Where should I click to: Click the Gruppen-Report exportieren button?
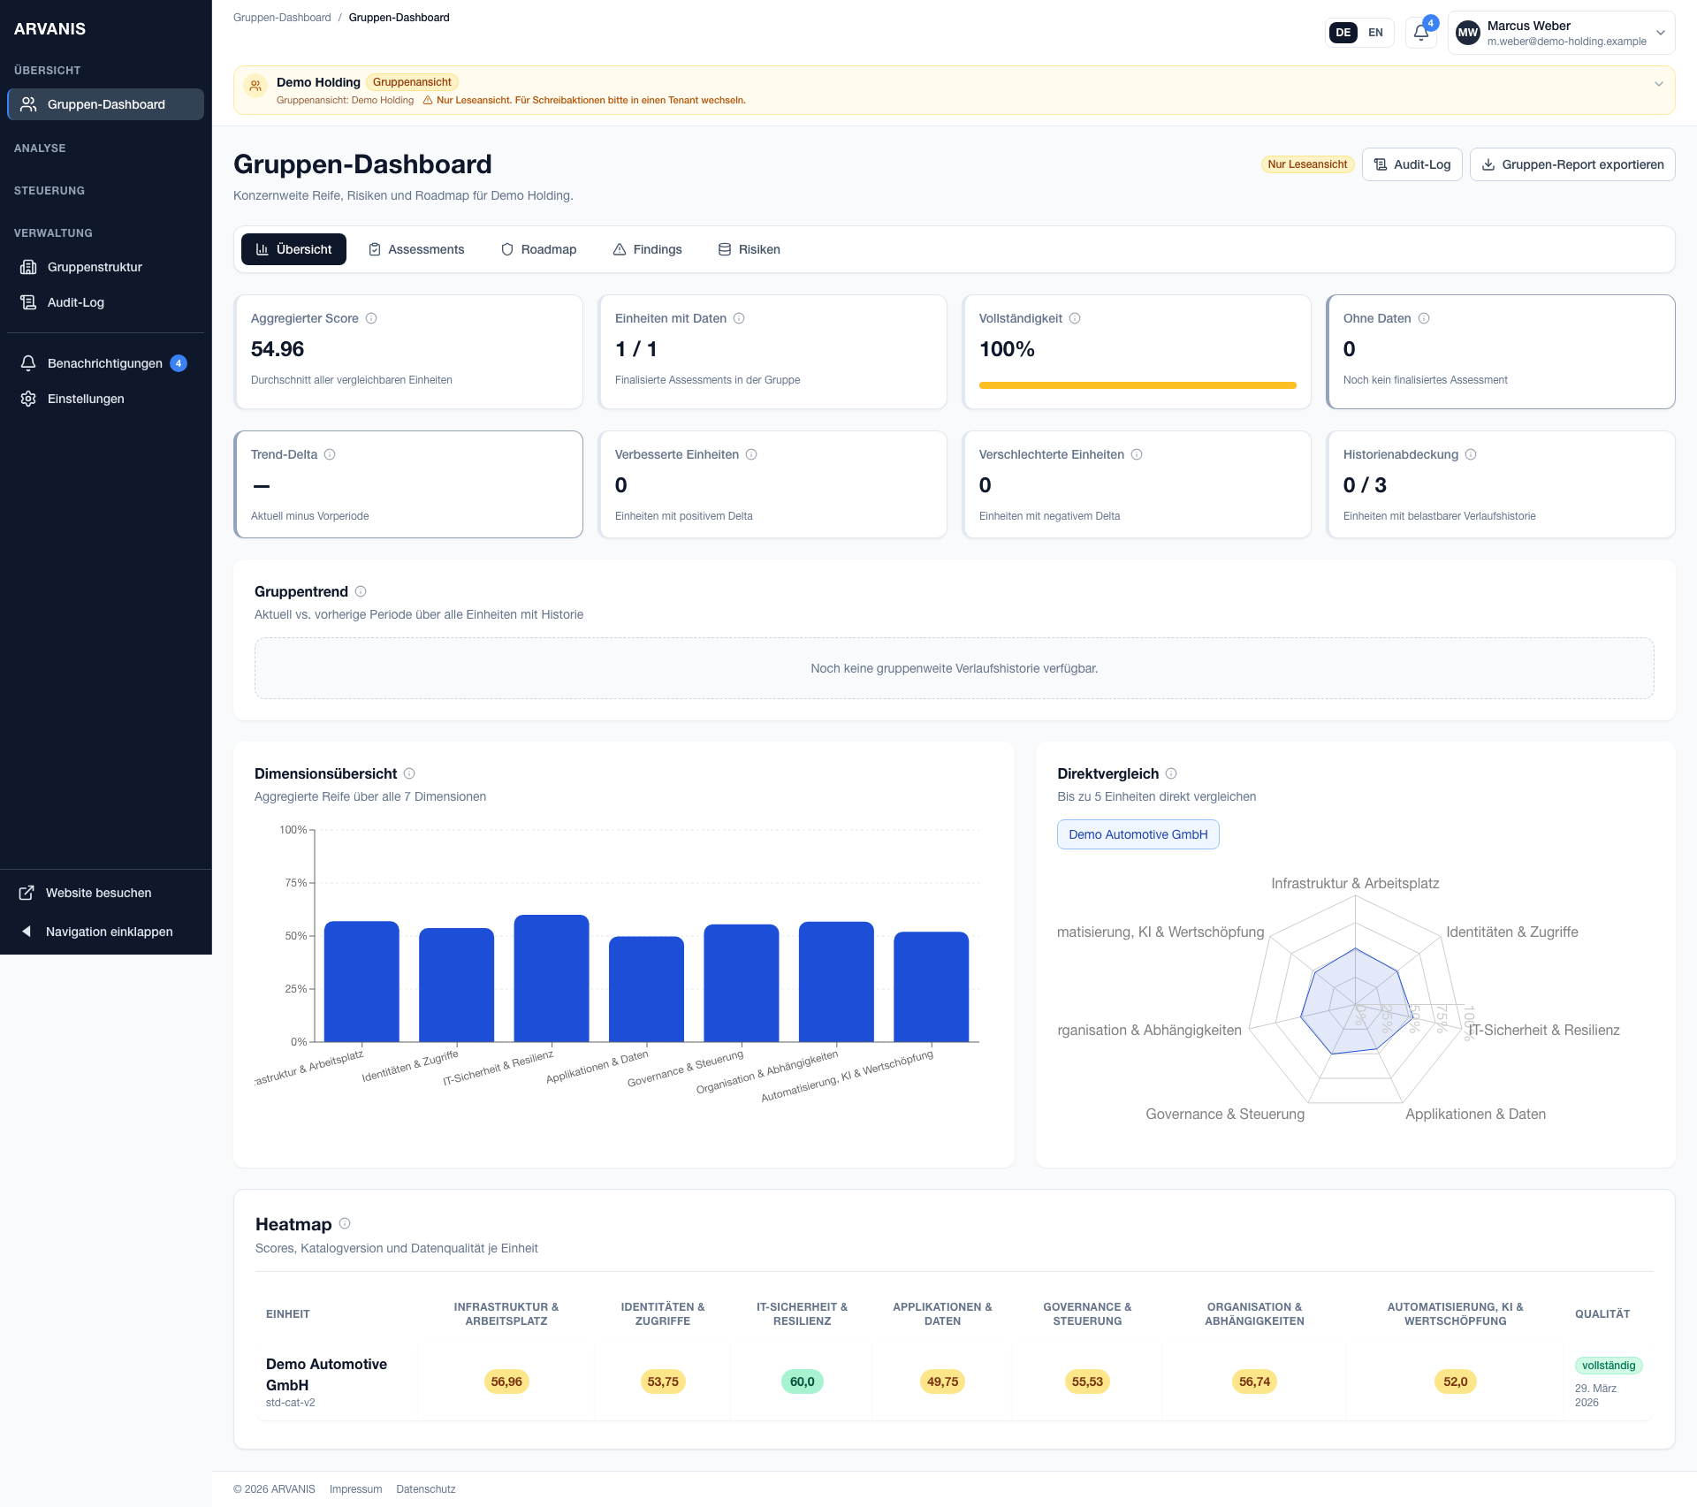1571,164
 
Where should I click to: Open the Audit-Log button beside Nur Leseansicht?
1412,164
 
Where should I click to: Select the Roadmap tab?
538,249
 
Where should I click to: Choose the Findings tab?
647,249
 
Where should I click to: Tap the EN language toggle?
1375,33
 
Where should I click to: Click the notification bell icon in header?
1420,33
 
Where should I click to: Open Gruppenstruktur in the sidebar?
95,267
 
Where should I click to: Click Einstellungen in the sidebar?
86,399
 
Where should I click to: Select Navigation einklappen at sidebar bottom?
109,932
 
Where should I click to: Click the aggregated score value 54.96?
278,349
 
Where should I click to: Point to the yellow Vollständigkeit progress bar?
1137,385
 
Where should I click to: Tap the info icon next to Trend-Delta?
330,454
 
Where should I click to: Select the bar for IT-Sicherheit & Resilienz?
552,978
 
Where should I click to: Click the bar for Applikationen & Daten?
646,989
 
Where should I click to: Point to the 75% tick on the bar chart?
296,883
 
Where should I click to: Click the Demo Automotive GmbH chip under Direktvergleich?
1138,834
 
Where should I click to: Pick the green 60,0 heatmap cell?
802,1381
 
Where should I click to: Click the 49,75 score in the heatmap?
942,1381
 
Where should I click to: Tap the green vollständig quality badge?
1608,1366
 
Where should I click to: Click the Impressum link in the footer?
355,1489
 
